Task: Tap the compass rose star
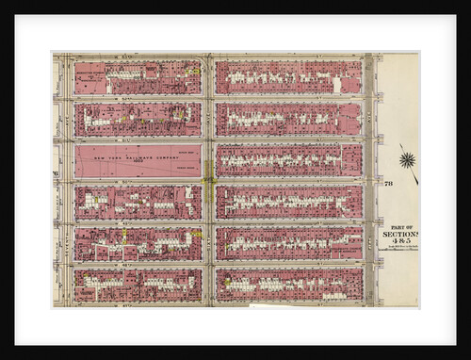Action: [407, 159]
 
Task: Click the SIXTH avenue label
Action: [207, 179]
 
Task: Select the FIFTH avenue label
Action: [368, 179]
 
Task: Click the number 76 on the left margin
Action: [56, 174]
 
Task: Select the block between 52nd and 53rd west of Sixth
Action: [138, 78]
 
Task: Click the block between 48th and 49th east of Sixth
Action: [288, 243]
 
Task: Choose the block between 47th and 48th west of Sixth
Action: [138, 285]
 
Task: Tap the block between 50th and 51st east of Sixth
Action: [288, 160]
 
